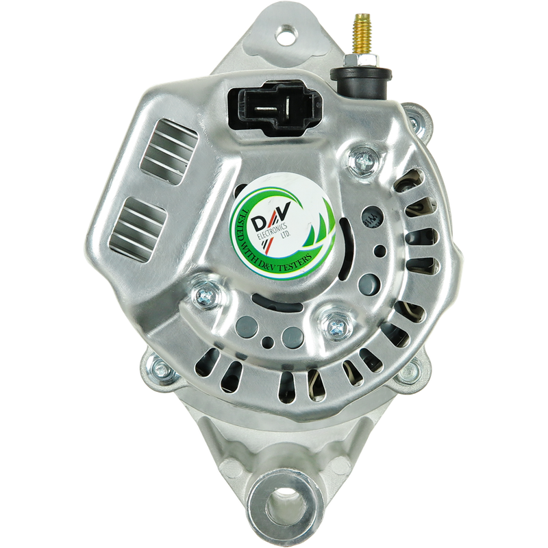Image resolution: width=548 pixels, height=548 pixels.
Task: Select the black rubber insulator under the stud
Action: click(362, 82)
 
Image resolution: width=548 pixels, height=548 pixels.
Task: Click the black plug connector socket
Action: click(275, 108)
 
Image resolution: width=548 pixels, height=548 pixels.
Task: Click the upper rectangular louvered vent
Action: click(169, 151)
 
